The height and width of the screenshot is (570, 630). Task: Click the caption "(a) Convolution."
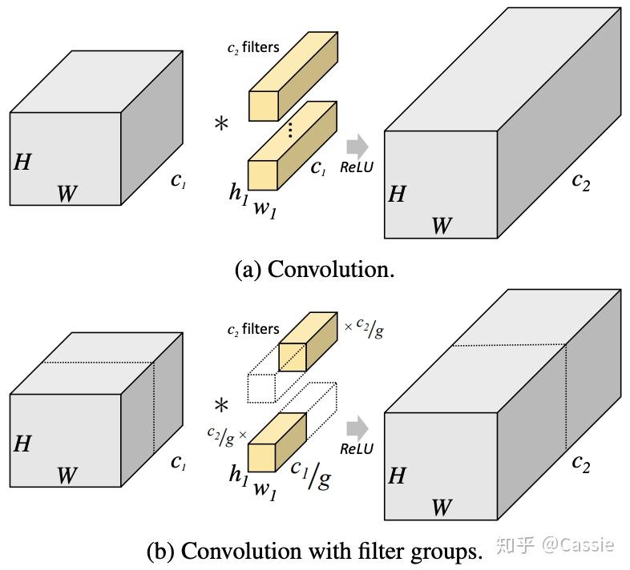314,269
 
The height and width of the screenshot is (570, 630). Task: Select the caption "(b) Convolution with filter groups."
315,551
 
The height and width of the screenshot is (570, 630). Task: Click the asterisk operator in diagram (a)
220,125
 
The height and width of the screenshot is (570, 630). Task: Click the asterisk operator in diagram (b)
220,404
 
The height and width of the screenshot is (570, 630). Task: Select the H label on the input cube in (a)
22,163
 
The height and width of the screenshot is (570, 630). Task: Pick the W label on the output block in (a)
442,226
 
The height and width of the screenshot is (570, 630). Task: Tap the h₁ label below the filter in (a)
238,192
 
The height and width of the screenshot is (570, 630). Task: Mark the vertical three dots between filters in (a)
290,129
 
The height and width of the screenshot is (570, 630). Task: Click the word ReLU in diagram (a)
357,167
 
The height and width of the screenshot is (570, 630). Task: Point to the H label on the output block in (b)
396,476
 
